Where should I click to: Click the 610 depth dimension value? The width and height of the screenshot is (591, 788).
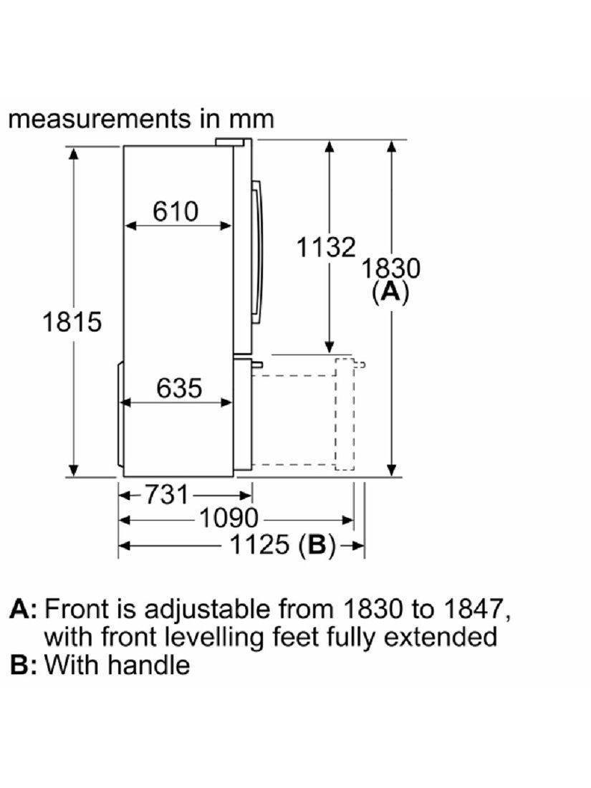tap(176, 211)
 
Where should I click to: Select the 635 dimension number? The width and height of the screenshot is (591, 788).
tap(179, 388)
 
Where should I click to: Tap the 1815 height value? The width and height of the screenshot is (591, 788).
tap(72, 322)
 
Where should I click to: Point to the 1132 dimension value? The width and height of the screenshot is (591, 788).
tap(326, 247)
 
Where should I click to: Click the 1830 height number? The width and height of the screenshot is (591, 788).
tap(391, 268)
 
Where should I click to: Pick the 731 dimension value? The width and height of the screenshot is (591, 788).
tap(167, 494)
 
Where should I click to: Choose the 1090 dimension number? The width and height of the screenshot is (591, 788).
tap(229, 518)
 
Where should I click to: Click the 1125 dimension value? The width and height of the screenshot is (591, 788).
tap(259, 544)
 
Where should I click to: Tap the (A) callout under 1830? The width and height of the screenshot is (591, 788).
tap(391, 292)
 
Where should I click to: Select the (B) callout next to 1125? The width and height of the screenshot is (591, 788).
tap(317, 545)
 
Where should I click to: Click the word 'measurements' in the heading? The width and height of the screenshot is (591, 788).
tap(100, 119)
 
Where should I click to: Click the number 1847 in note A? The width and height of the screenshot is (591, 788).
tap(474, 609)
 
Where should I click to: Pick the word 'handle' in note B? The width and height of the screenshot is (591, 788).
tap(148, 664)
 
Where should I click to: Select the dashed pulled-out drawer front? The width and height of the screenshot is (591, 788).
tap(345, 415)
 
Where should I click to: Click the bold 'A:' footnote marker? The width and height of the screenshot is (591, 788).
tap(24, 609)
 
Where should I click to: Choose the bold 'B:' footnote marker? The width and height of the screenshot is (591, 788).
tap(24, 664)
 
